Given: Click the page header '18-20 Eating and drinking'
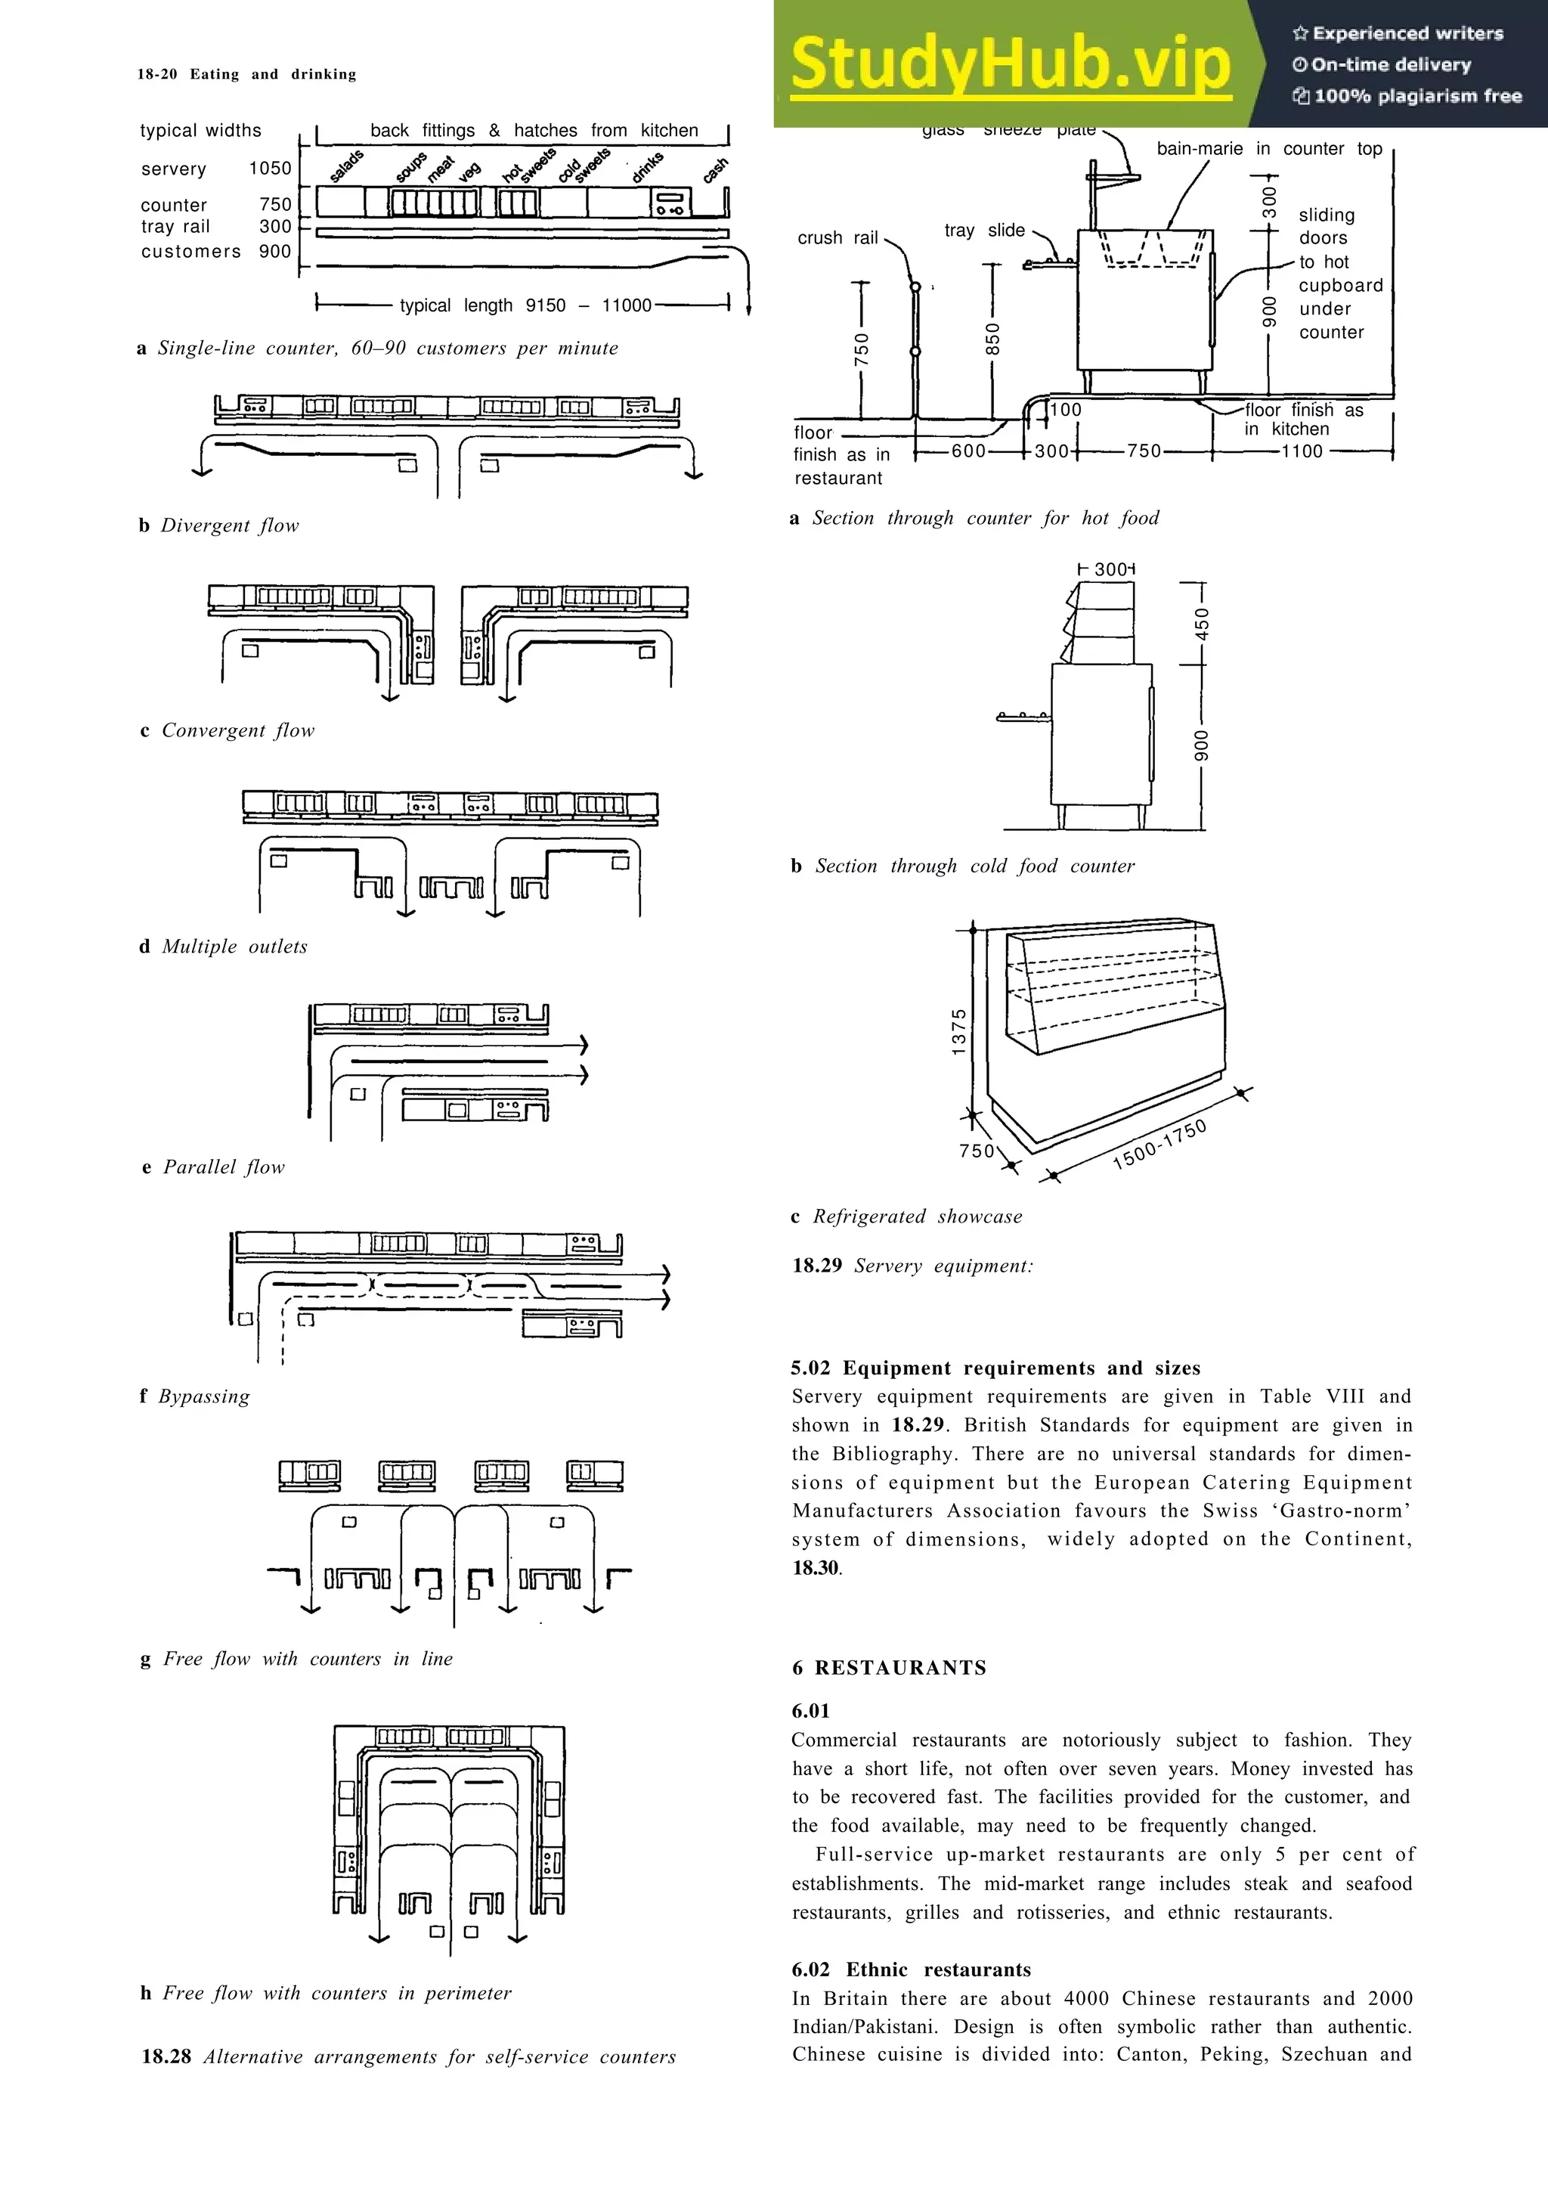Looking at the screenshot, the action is click(x=246, y=74).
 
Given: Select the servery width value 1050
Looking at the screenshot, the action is click(x=270, y=169).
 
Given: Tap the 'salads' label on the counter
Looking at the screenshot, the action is click(x=346, y=166).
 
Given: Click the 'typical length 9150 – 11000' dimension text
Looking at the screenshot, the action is click(x=525, y=305).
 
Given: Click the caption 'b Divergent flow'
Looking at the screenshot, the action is click(x=218, y=525).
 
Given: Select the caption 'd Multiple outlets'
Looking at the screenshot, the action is click(x=223, y=947).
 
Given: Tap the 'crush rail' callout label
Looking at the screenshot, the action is click(x=837, y=237).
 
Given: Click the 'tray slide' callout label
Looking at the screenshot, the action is click(x=984, y=230).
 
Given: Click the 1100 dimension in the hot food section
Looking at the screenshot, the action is click(x=1302, y=451).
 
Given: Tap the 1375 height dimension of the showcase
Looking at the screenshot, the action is click(x=959, y=1031).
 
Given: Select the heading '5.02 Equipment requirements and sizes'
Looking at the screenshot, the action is click(x=995, y=1368).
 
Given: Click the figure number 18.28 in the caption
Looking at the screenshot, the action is click(x=166, y=2056).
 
